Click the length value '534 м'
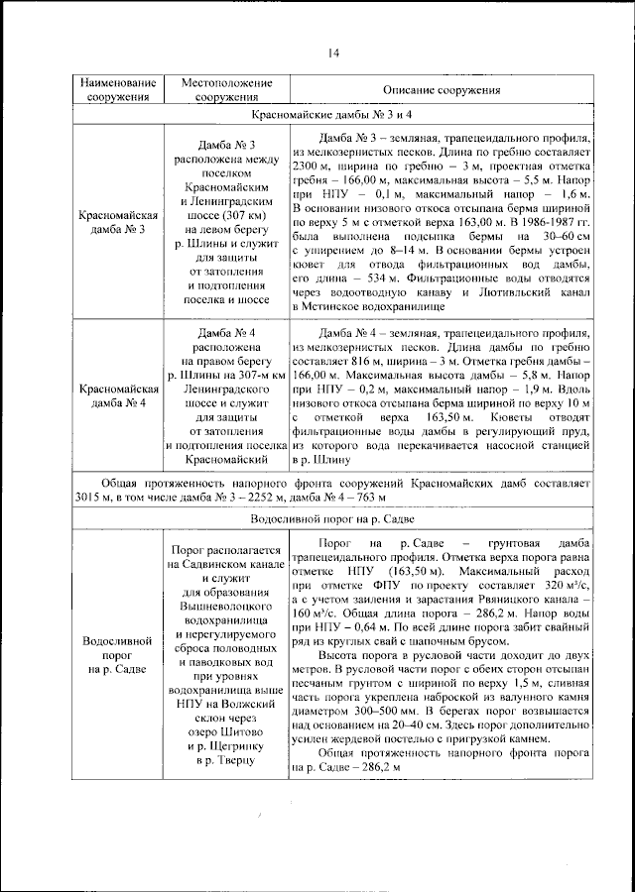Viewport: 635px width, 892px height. pos(393,279)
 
